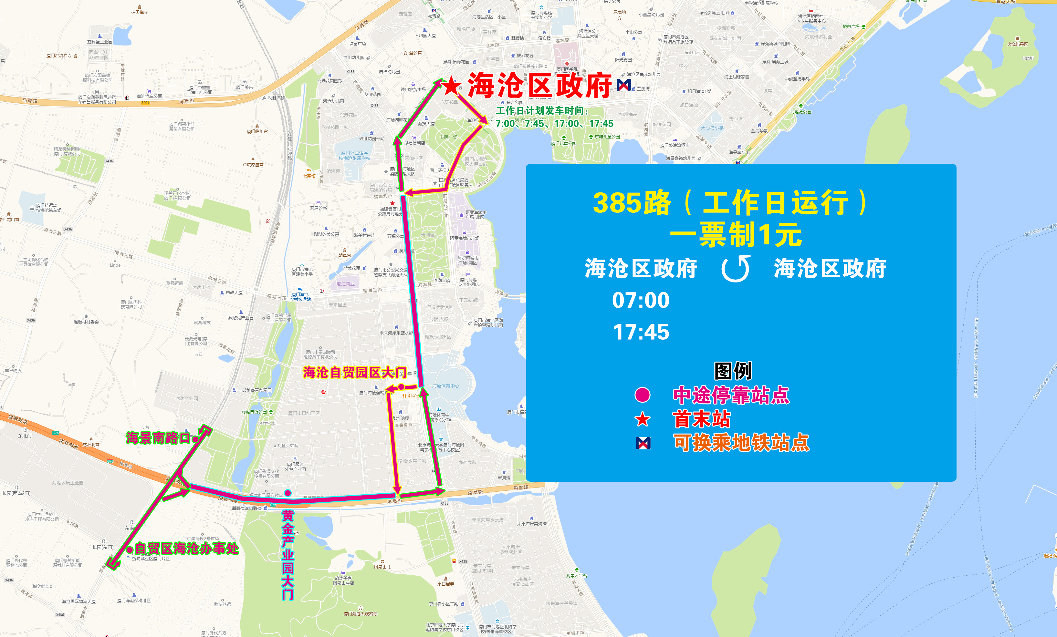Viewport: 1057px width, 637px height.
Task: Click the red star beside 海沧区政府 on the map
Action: tap(452, 87)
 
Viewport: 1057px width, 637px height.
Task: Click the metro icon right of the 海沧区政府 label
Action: tap(624, 85)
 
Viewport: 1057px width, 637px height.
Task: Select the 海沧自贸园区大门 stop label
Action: tap(354, 373)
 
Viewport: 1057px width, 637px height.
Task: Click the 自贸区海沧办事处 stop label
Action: tap(187, 548)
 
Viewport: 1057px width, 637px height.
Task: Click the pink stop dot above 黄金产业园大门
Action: tap(288, 493)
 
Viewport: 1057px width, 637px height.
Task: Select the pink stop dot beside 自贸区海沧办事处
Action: tap(130, 550)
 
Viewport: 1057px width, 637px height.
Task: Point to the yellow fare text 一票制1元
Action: tap(736, 235)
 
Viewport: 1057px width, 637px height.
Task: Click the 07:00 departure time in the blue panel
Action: tap(641, 300)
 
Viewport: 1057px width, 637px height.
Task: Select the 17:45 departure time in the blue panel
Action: tap(641, 332)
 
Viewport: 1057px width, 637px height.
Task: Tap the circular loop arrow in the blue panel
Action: tap(736, 269)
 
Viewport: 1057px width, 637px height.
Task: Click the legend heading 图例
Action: tap(733, 371)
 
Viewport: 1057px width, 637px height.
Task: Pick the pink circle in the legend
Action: tap(642, 395)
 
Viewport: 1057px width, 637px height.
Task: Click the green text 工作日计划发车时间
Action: tap(542, 111)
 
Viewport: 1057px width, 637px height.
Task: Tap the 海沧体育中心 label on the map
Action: tap(445, 386)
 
